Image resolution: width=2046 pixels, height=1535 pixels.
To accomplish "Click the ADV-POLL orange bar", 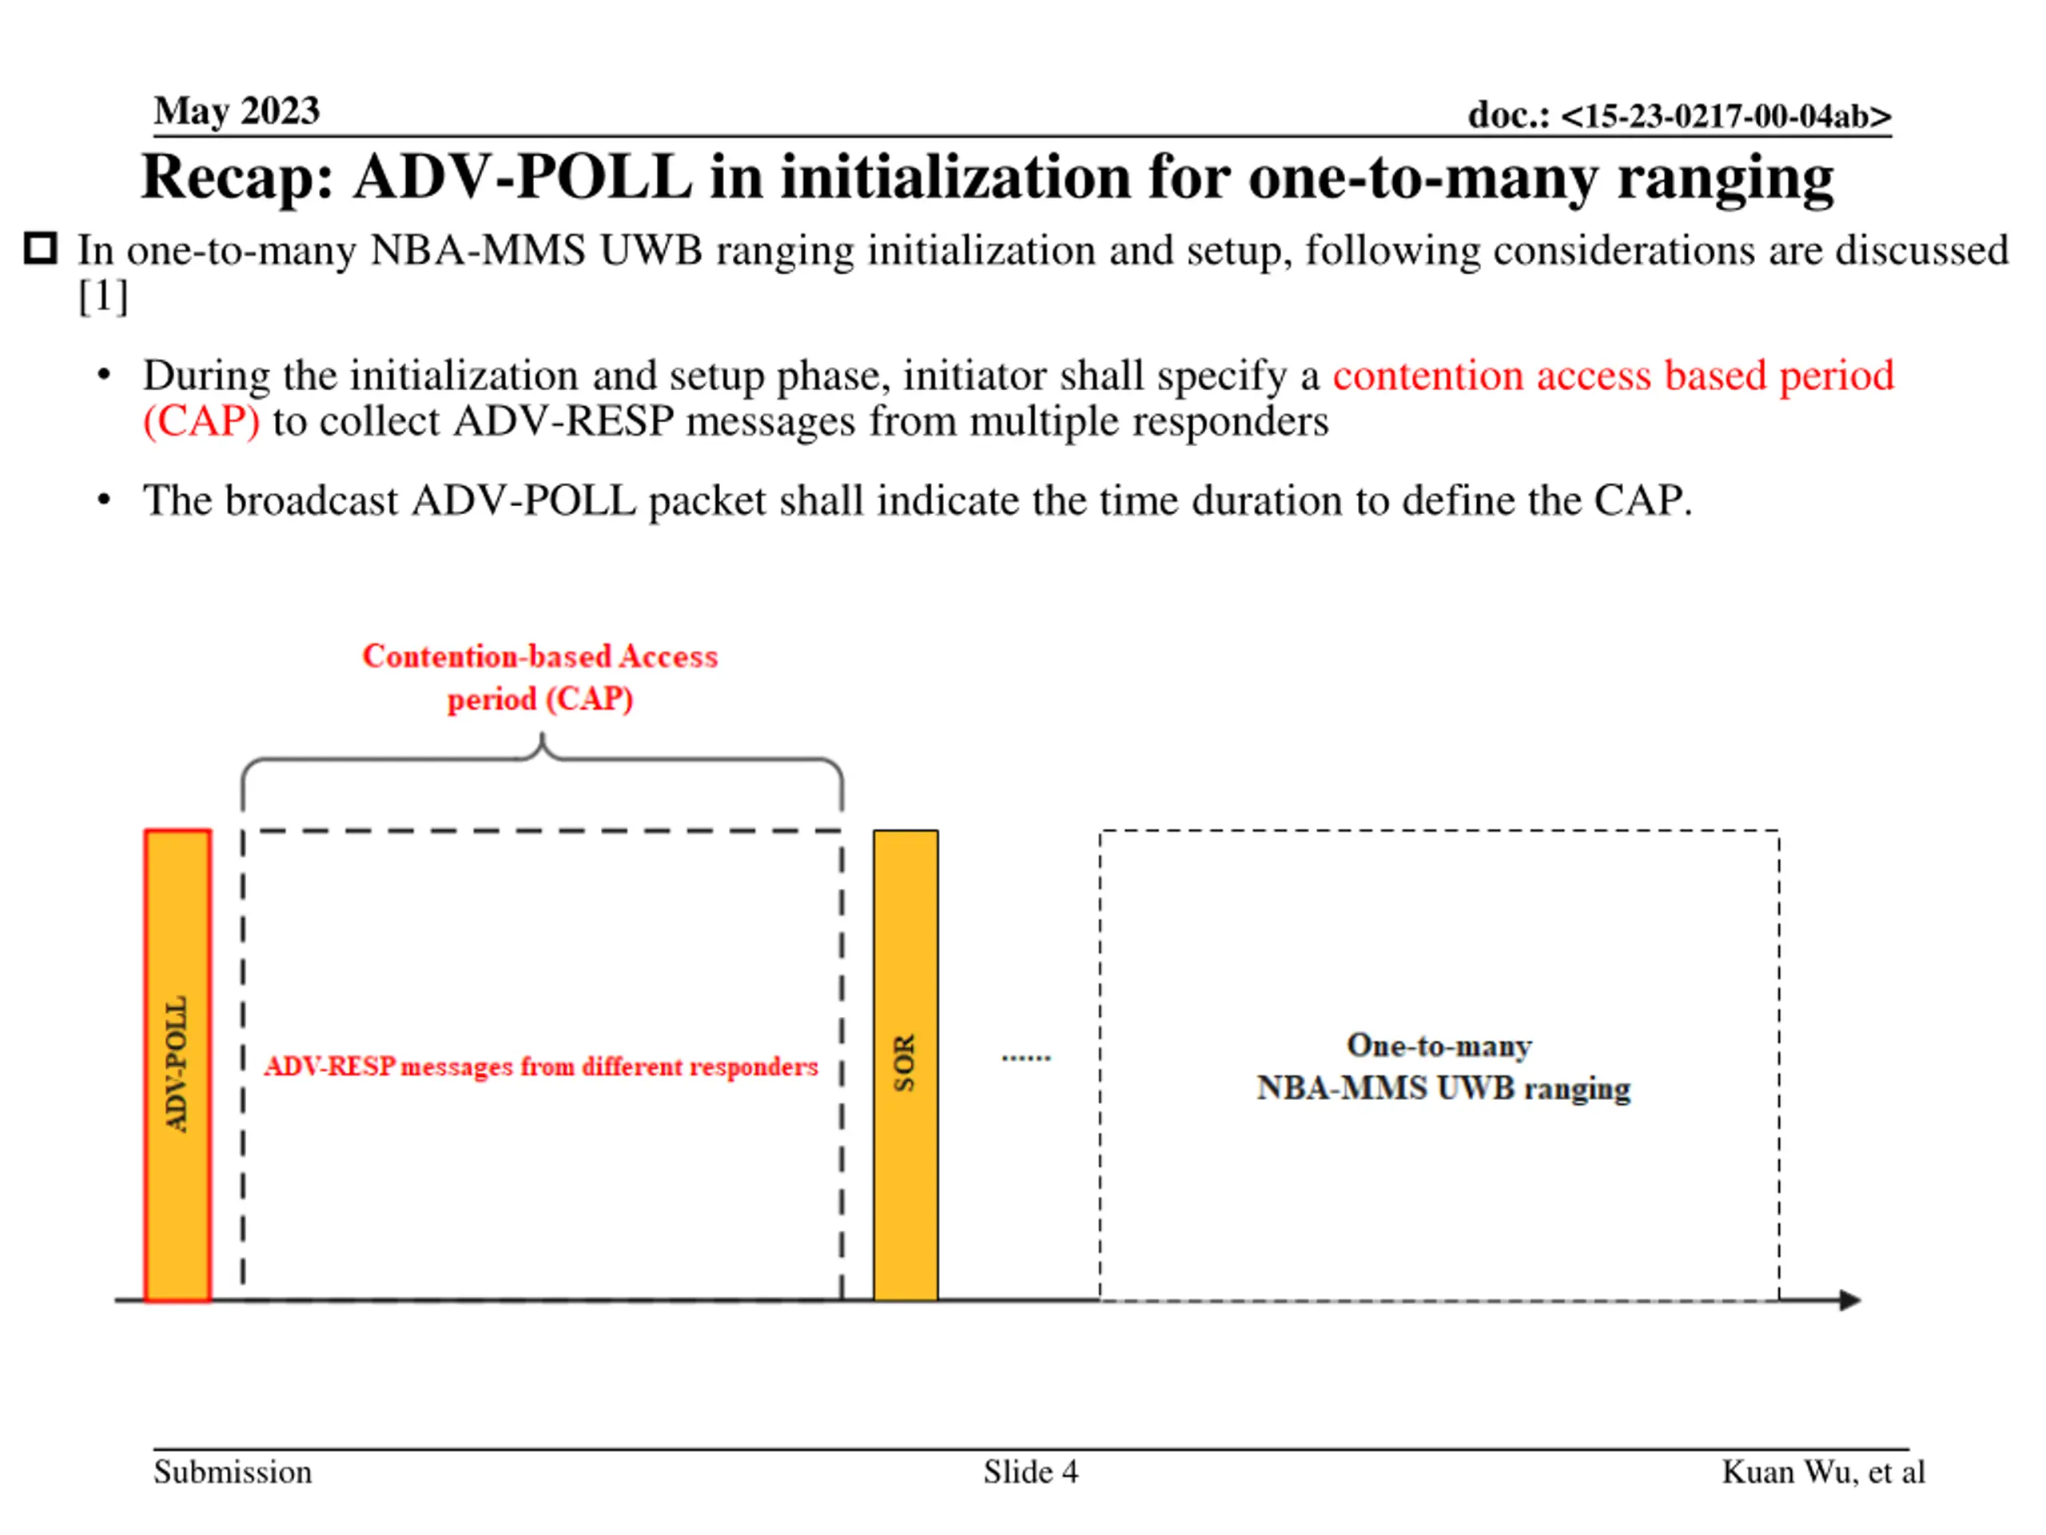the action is pyautogui.click(x=177, y=1064).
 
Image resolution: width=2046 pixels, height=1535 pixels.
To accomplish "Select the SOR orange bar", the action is pyautogui.click(x=905, y=1064).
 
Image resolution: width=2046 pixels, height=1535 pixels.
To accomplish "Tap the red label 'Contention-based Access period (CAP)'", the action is pyautogui.click(x=540, y=676).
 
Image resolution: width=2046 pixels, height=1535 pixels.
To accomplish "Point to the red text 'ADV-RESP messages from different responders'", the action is pyautogui.click(x=541, y=1067).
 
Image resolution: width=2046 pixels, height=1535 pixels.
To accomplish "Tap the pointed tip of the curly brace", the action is pyautogui.click(x=542, y=736).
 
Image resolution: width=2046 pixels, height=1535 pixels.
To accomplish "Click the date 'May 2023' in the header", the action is pyautogui.click(x=237, y=111).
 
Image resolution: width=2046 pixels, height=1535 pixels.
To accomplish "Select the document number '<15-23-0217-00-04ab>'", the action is pyautogui.click(x=1726, y=116).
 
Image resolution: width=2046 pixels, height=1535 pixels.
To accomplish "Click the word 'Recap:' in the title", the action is pyautogui.click(x=237, y=177).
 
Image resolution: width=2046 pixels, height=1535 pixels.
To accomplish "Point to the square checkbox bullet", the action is pyautogui.click(x=41, y=249).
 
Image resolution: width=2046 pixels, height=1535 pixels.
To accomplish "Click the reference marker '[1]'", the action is pyautogui.click(x=102, y=297).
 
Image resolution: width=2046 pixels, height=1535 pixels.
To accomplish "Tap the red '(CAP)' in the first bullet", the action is pyautogui.click(x=201, y=422).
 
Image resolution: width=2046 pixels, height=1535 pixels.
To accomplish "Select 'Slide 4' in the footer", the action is pyautogui.click(x=1030, y=1472).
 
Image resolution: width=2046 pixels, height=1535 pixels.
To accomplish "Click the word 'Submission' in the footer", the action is pyautogui.click(x=232, y=1472).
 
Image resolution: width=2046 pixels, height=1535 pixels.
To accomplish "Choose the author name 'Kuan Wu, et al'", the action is pyautogui.click(x=1822, y=1472).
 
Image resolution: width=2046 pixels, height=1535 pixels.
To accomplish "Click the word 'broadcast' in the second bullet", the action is pyautogui.click(x=312, y=500).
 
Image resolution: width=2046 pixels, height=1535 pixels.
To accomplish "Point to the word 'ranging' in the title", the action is pyautogui.click(x=1725, y=178).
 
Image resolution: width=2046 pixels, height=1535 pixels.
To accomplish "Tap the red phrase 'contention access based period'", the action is pyautogui.click(x=1612, y=376).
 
